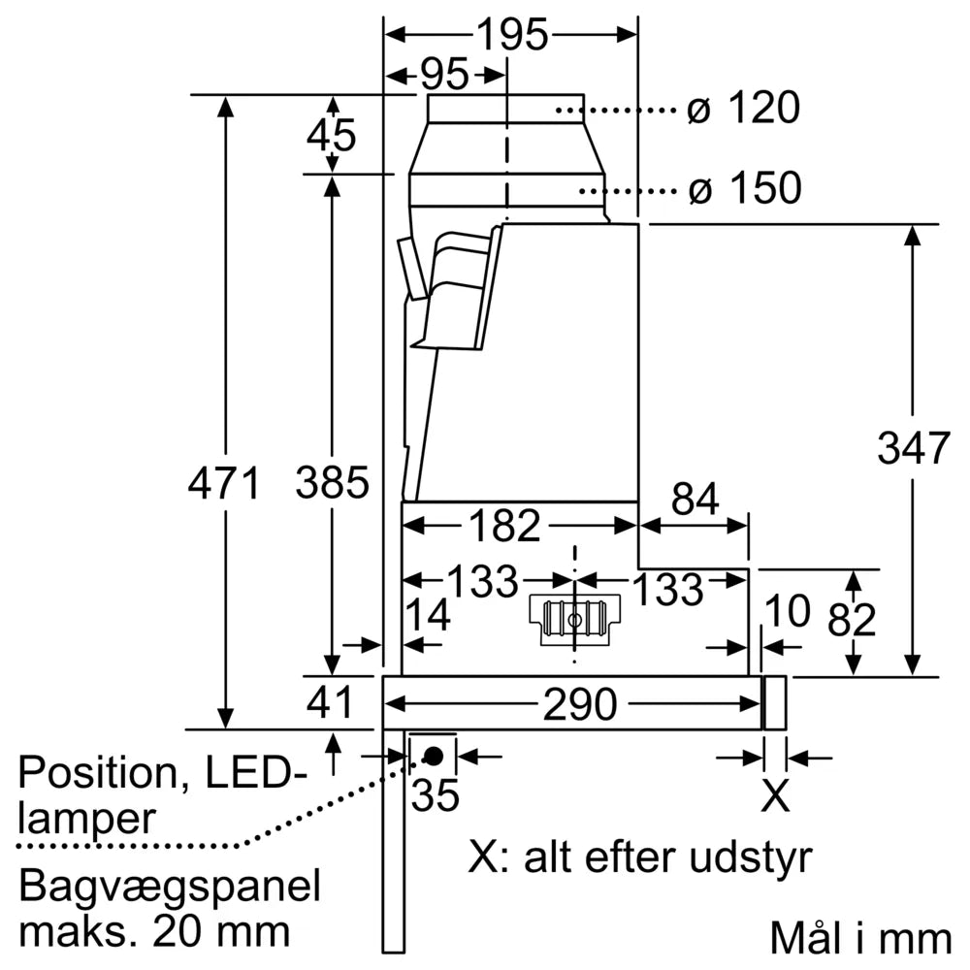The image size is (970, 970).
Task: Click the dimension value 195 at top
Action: [512, 35]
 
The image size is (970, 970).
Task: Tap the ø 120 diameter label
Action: [742, 109]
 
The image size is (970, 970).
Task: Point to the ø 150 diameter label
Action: [744, 188]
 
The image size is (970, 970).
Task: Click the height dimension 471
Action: [225, 482]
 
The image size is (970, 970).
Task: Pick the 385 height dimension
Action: [333, 482]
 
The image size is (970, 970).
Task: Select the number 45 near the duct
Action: [332, 135]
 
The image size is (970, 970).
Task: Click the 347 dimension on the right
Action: [912, 448]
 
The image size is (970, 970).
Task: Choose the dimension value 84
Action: [695, 501]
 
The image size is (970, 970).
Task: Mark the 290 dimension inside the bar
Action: [579, 704]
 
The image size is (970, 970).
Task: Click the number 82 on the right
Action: [853, 620]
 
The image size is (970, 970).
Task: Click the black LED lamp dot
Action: [434, 755]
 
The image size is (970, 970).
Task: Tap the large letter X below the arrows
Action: [774, 795]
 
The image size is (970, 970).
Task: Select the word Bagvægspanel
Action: [170, 887]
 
